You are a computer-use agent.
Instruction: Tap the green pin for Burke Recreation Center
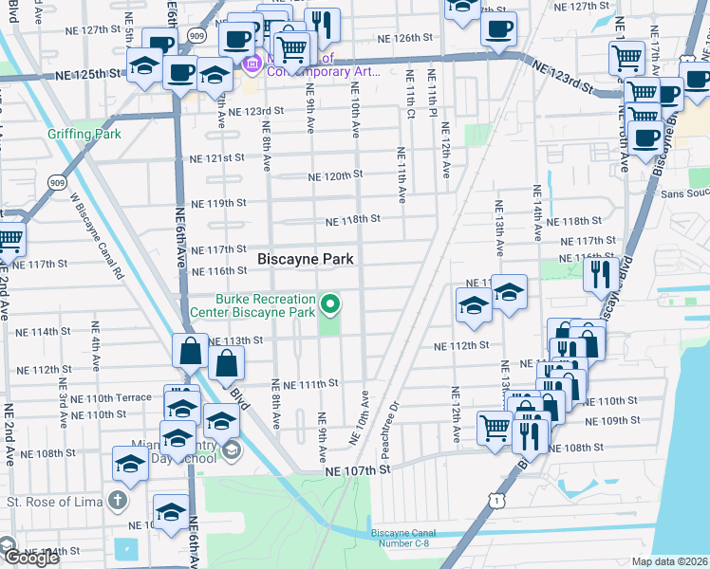330,304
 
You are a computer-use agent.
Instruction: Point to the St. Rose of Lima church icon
117,499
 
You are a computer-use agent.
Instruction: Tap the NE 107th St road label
357,469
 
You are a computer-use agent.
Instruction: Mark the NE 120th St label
336,176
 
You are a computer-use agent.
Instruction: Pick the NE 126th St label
404,39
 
